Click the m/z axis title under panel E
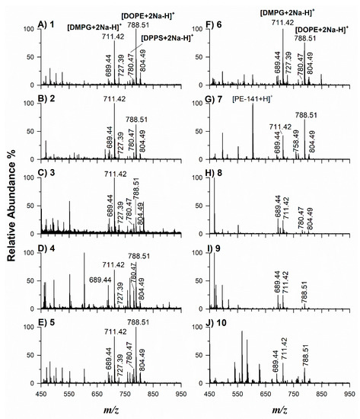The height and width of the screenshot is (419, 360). (x=112, y=408)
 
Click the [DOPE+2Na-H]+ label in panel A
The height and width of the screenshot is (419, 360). (x=145, y=14)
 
